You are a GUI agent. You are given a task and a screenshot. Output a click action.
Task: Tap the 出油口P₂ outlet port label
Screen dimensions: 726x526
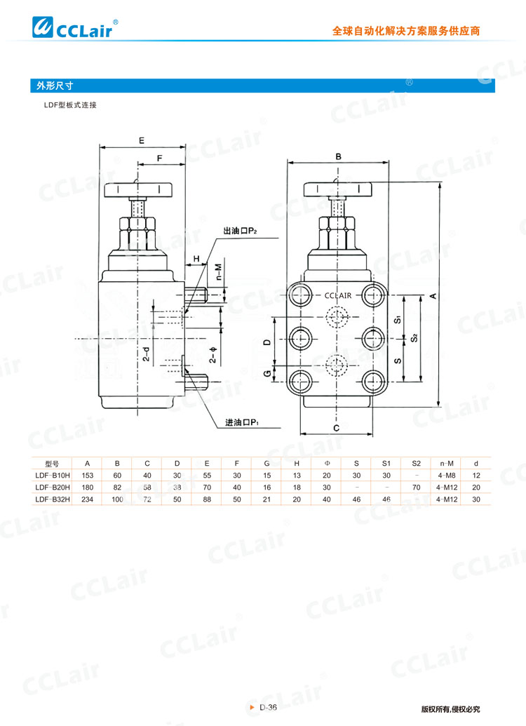tap(239, 231)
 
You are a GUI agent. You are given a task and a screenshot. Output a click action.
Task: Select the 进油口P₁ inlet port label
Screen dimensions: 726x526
tap(242, 423)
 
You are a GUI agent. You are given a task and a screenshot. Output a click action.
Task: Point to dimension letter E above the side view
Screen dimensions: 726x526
tap(142, 140)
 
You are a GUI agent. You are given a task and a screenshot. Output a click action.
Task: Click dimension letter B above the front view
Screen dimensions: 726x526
tap(338, 156)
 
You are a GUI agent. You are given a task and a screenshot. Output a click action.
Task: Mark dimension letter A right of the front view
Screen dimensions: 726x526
tap(433, 296)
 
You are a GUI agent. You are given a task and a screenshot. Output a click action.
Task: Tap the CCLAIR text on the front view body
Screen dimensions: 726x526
tap(338, 296)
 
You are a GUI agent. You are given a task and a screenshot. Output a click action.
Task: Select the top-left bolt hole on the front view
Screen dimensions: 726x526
tap(302, 295)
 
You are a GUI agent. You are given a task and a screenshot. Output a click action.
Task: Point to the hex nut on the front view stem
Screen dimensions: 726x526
tap(339, 226)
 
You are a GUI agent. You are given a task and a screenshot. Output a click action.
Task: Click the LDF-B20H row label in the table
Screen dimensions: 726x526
tap(53, 487)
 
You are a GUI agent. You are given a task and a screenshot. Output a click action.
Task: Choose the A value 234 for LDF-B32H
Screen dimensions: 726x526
tap(88, 499)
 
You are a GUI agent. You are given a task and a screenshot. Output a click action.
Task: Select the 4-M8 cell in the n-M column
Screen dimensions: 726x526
tap(446, 475)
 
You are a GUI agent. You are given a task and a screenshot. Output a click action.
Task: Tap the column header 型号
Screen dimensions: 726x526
tap(53, 463)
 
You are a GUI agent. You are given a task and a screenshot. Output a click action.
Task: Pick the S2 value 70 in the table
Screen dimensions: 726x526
tap(416, 487)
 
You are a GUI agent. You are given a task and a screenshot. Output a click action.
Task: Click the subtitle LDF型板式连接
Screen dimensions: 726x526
tap(70, 105)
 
